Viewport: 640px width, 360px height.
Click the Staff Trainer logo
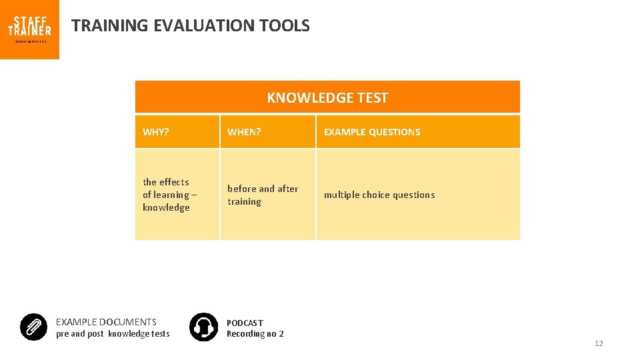click(x=29, y=29)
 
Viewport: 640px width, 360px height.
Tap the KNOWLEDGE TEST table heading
click(x=327, y=98)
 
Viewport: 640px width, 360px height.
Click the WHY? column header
click(x=156, y=132)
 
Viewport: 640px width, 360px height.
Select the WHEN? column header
click(x=244, y=132)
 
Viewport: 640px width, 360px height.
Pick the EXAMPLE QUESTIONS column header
click(x=372, y=132)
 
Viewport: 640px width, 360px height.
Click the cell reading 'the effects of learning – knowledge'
click(x=169, y=195)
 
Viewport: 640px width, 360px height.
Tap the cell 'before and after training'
click(x=263, y=195)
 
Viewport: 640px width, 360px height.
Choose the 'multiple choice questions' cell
click(x=379, y=195)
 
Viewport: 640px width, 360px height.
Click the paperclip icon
click(x=33, y=327)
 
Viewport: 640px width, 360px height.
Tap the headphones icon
click(x=203, y=327)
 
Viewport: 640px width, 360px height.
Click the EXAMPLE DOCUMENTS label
click(x=106, y=322)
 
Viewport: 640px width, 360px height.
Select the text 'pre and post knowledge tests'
click(x=113, y=334)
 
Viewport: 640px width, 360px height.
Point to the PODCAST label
click(x=245, y=323)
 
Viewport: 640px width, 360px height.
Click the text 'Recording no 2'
click(x=255, y=334)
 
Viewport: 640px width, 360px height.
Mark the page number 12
click(x=598, y=343)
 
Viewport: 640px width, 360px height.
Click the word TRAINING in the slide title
click(x=110, y=26)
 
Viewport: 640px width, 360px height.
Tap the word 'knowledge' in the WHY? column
click(x=166, y=207)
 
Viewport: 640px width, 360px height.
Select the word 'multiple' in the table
click(x=341, y=195)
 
